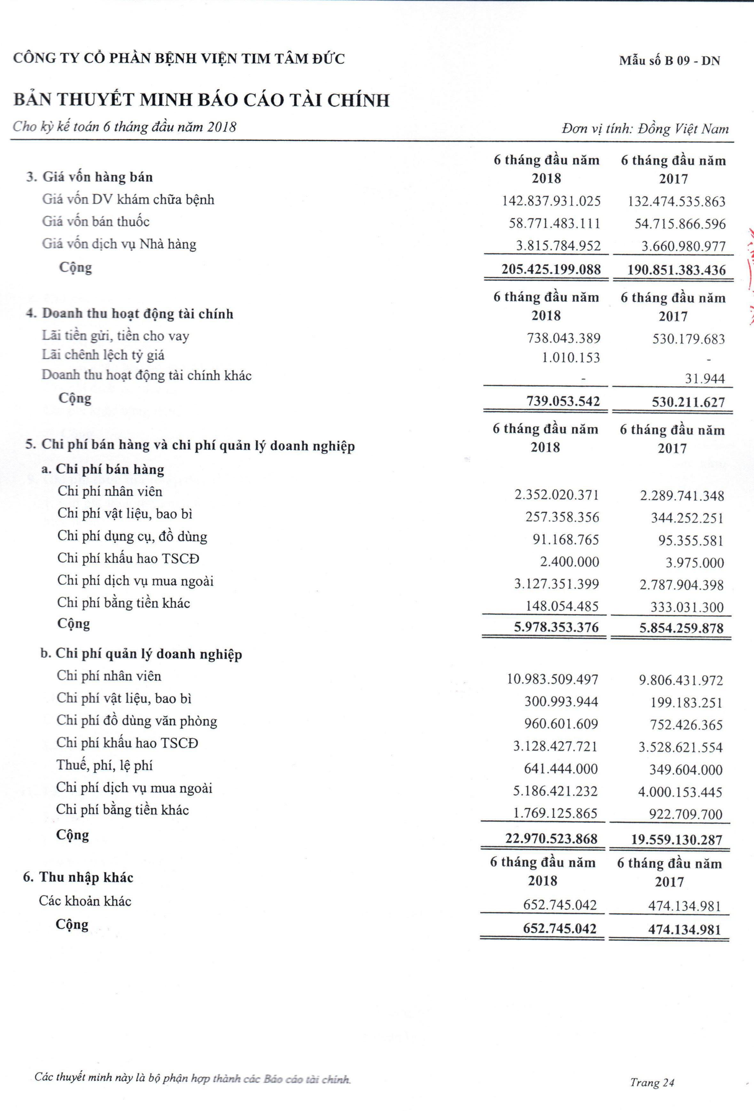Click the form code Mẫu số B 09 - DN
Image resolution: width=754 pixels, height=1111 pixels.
pyautogui.click(x=669, y=61)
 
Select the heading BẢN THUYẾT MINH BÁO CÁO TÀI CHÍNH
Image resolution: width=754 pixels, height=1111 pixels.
pyautogui.click(x=201, y=100)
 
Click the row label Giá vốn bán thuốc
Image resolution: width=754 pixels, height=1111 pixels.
pyautogui.click(x=96, y=222)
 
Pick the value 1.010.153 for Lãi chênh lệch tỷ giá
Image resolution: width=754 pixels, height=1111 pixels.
pyautogui.click(x=571, y=357)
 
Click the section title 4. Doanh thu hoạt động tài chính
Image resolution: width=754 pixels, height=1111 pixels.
pyautogui.click(x=129, y=314)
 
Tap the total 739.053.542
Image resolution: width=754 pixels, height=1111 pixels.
pyautogui.click(x=563, y=401)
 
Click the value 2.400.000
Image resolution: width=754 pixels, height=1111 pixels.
pyautogui.click(x=570, y=562)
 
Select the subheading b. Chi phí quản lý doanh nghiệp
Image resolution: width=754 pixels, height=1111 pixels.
pyautogui.click(x=141, y=654)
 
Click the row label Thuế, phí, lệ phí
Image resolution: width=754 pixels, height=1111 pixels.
pyautogui.click(x=105, y=765)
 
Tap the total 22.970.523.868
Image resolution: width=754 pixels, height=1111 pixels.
pyautogui.click(x=551, y=839)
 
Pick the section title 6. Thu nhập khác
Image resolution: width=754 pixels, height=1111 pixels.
pyautogui.click(x=78, y=878)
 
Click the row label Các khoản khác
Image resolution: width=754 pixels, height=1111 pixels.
pyautogui.click(x=85, y=901)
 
